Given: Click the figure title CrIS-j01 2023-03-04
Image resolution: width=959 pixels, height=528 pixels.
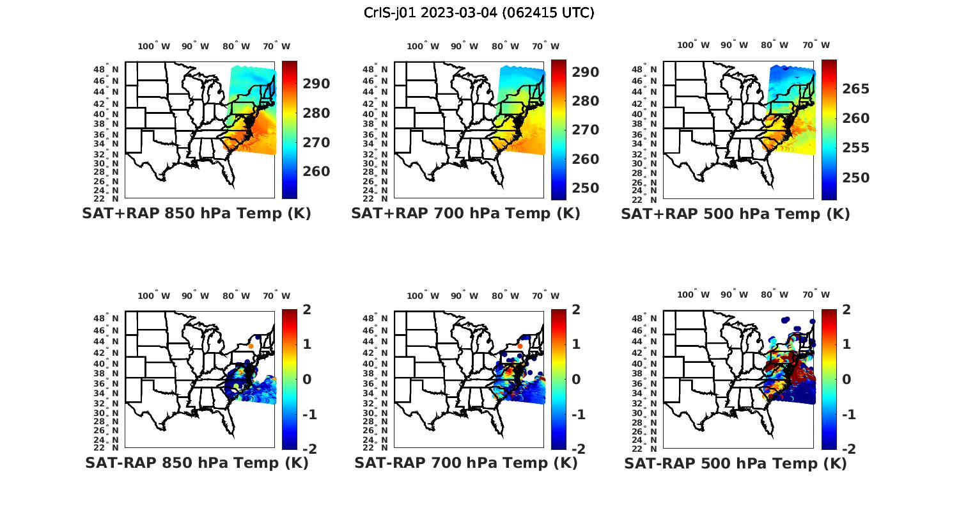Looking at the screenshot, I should (x=479, y=13).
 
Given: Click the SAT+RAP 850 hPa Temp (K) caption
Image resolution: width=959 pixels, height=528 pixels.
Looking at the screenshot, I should (x=196, y=214).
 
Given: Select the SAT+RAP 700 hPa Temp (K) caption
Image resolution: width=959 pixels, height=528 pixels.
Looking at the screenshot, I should (x=465, y=214).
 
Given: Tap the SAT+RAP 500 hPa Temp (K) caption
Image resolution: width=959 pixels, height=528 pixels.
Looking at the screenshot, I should (x=735, y=214).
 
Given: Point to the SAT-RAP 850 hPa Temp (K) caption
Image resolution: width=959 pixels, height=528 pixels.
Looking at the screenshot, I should (x=197, y=463).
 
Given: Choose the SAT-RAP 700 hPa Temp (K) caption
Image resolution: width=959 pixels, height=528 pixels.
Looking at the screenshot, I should (x=466, y=463).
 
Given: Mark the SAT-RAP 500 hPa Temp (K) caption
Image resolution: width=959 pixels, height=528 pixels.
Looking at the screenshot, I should (x=735, y=463).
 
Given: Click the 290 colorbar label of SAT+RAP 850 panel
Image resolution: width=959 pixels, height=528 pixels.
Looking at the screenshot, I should (x=316, y=84).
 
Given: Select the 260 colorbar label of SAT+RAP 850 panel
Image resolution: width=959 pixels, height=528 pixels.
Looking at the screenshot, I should (x=316, y=172).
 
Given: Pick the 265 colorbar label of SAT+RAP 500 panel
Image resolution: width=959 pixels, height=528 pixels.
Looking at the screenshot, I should (x=855, y=89).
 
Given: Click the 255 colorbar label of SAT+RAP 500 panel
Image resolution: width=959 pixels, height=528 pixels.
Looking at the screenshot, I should (x=855, y=148).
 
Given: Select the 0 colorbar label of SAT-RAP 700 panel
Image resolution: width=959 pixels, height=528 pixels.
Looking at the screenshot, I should (x=576, y=380).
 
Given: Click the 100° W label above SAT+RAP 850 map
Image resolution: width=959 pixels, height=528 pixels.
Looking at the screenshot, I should (x=154, y=46).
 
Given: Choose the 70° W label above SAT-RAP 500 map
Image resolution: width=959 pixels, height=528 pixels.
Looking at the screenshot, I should (x=816, y=295).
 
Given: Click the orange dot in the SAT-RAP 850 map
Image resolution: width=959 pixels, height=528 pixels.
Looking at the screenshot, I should (x=251, y=346).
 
